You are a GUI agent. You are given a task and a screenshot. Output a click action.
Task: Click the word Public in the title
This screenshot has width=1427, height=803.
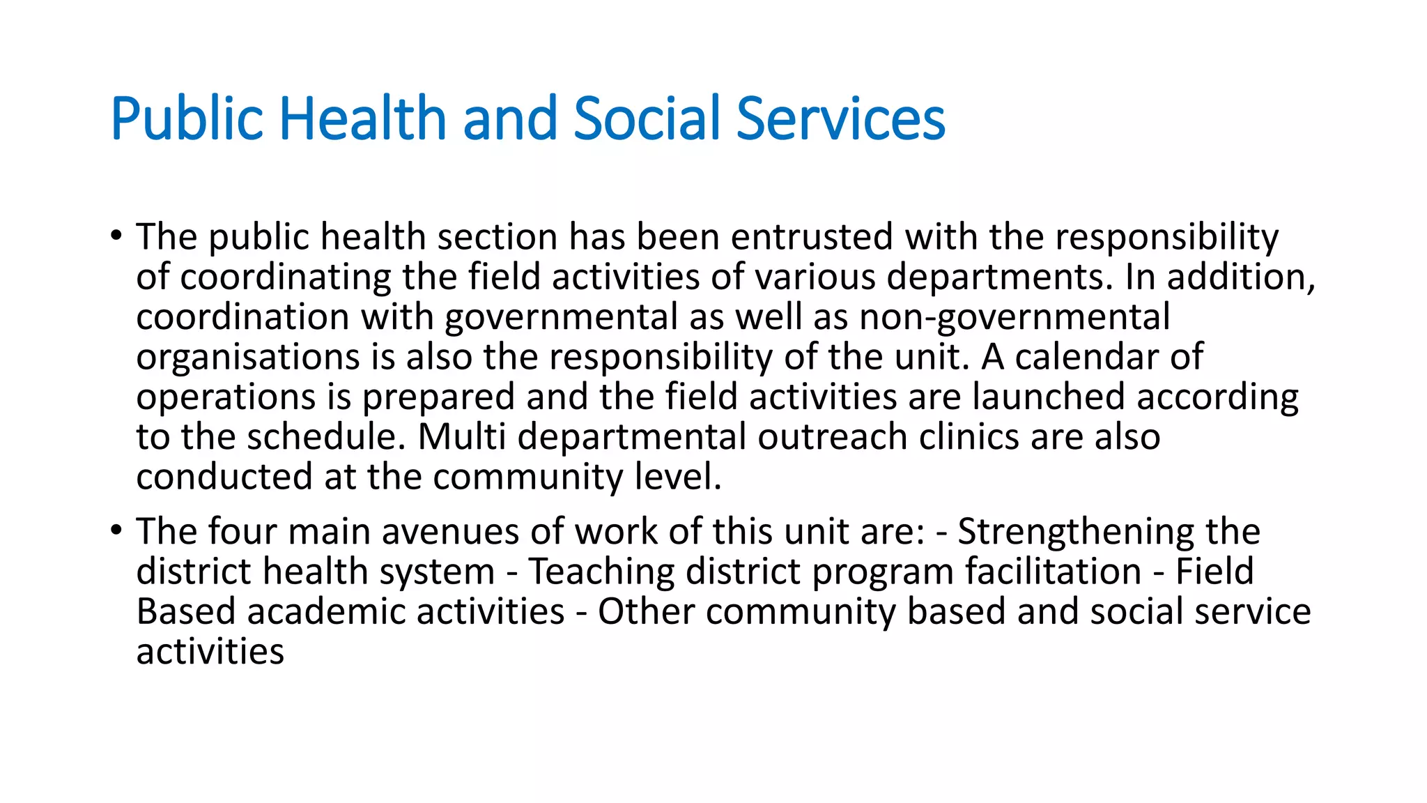187,118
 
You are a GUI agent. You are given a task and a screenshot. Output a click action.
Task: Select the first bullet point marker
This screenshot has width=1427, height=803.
116,235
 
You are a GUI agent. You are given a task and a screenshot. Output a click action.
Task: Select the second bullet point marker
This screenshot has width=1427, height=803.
116,530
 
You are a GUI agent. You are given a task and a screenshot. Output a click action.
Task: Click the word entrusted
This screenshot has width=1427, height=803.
812,237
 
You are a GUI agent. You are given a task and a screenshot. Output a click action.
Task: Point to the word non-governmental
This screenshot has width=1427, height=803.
1015,317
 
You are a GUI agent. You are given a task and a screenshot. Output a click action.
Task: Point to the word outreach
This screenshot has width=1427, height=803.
833,437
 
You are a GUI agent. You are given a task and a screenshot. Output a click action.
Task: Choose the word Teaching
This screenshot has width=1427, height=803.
601,572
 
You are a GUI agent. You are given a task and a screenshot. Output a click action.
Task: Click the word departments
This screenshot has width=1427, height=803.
999,277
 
